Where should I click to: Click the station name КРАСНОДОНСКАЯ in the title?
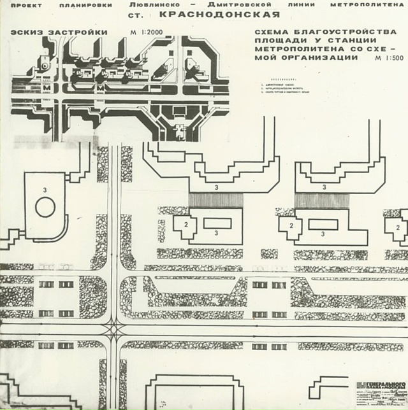coord(220,14)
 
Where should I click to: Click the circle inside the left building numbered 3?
coord(45,207)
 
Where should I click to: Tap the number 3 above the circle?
coord(44,190)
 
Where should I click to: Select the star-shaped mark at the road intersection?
coord(116,330)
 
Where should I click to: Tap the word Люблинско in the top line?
coord(150,4)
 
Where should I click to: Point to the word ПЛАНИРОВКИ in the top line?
coord(81,4)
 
